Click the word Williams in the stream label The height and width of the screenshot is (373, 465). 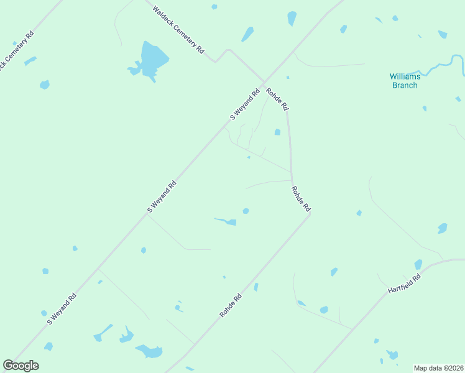(x=405, y=76)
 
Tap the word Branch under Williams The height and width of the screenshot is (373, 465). (x=405, y=85)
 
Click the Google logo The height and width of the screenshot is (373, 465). (x=21, y=366)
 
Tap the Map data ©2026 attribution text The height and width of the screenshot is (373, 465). (x=438, y=367)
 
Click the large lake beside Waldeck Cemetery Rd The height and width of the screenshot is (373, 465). (x=153, y=61)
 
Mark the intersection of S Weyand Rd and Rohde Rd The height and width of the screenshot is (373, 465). (x=263, y=83)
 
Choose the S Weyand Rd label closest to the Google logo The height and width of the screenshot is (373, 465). (x=62, y=308)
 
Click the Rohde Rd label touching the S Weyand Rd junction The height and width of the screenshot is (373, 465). (x=277, y=99)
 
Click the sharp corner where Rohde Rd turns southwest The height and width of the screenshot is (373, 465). (x=310, y=213)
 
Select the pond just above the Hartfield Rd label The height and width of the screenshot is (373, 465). (x=418, y=265)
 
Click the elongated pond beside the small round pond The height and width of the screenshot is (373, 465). (x=226, y=221)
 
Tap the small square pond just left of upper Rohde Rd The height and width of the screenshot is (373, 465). (x=277, y=132)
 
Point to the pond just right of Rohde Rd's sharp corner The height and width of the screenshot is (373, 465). (x=359, y=213)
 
